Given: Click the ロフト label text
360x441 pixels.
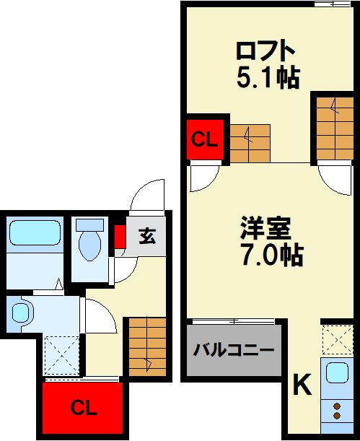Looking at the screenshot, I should [x=266, y=51].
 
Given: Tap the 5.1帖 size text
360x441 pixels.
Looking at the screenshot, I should [x=268, y=77].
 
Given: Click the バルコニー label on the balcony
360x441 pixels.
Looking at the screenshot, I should [x=234, y=352].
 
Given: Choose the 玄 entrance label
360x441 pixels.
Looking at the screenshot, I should [x=147, y=236].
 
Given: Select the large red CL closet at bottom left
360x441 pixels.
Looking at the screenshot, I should [x=82, y=409].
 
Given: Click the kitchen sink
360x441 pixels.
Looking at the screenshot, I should [x=337, y=373].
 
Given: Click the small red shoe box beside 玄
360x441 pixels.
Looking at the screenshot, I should [x=120, y=236].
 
